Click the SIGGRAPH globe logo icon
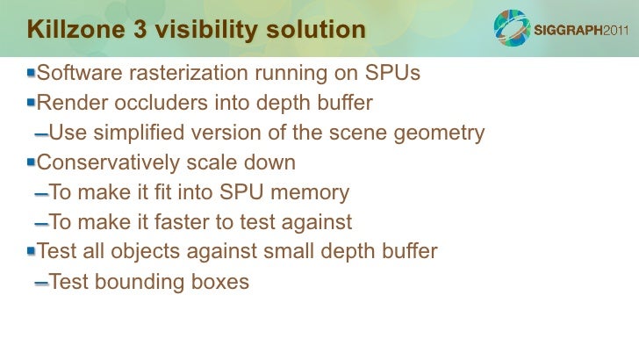pos(512,29)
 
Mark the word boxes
pos(220,283)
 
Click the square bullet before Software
pos(32,72)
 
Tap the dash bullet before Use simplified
pos(41,135)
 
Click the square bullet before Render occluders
pos(32,102)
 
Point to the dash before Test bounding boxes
pos(41,284)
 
